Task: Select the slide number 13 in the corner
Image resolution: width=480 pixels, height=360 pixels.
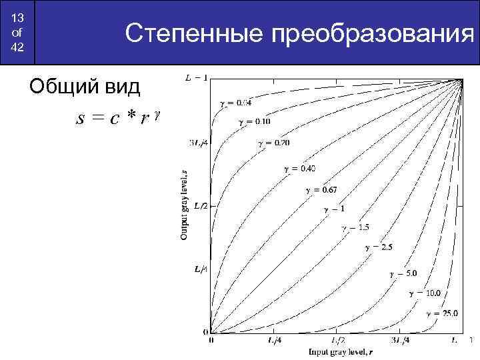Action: coord(18,16)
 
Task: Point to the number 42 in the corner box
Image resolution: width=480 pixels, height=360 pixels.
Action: coord(18,48)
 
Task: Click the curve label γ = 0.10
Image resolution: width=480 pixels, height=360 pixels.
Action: coord(254,123)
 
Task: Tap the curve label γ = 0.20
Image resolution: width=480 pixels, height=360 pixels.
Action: coord(273,144)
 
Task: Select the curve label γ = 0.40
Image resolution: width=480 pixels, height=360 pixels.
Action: coord(299,168)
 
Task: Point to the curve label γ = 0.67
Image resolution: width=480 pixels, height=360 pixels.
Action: coord(322,190)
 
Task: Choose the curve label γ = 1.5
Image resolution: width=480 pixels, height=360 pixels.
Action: coord(355,227)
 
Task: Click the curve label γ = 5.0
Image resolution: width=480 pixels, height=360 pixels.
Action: coord(403,273)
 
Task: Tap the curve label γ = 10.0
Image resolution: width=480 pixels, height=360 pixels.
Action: coord(424,292)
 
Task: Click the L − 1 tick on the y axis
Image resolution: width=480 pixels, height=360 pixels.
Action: coord(196,78)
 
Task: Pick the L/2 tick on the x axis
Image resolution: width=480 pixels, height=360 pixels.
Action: coord(337,341)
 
